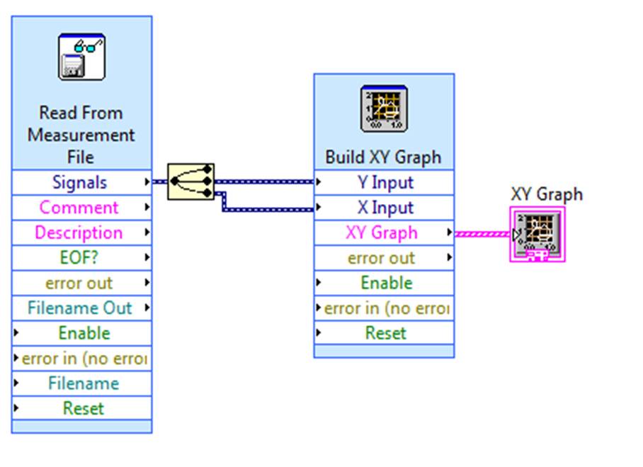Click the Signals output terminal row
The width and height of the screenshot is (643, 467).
pyautogui.click(x=81, y=182)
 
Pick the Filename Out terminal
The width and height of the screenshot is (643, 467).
pyautogui.click(x=81, y=308)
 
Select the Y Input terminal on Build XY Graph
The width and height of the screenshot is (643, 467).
pyautogui.click(x=384, y=182)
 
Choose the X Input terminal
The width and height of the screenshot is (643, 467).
pyautogui.click(x=384, y=208)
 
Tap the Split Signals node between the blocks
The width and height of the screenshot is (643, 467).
pyautogui.click(x=190, y=181)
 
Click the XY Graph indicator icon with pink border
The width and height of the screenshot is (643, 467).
pyautogui.click(x=537, y=235)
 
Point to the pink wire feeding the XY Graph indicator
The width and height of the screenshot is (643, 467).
pyautogui.click(x=482, y=233)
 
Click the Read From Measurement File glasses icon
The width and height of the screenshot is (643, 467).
pyautogui.click(x=81, y=57)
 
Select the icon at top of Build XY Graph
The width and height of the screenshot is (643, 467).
pyautogui.click(x=384, y=108)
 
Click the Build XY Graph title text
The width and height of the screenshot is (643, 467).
pyautogui.click(x=383, y=157)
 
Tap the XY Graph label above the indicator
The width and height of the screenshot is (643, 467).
pyautogui.click(x=546, y=194)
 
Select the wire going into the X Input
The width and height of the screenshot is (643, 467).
pyautogui.click(x=269, y=209)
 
